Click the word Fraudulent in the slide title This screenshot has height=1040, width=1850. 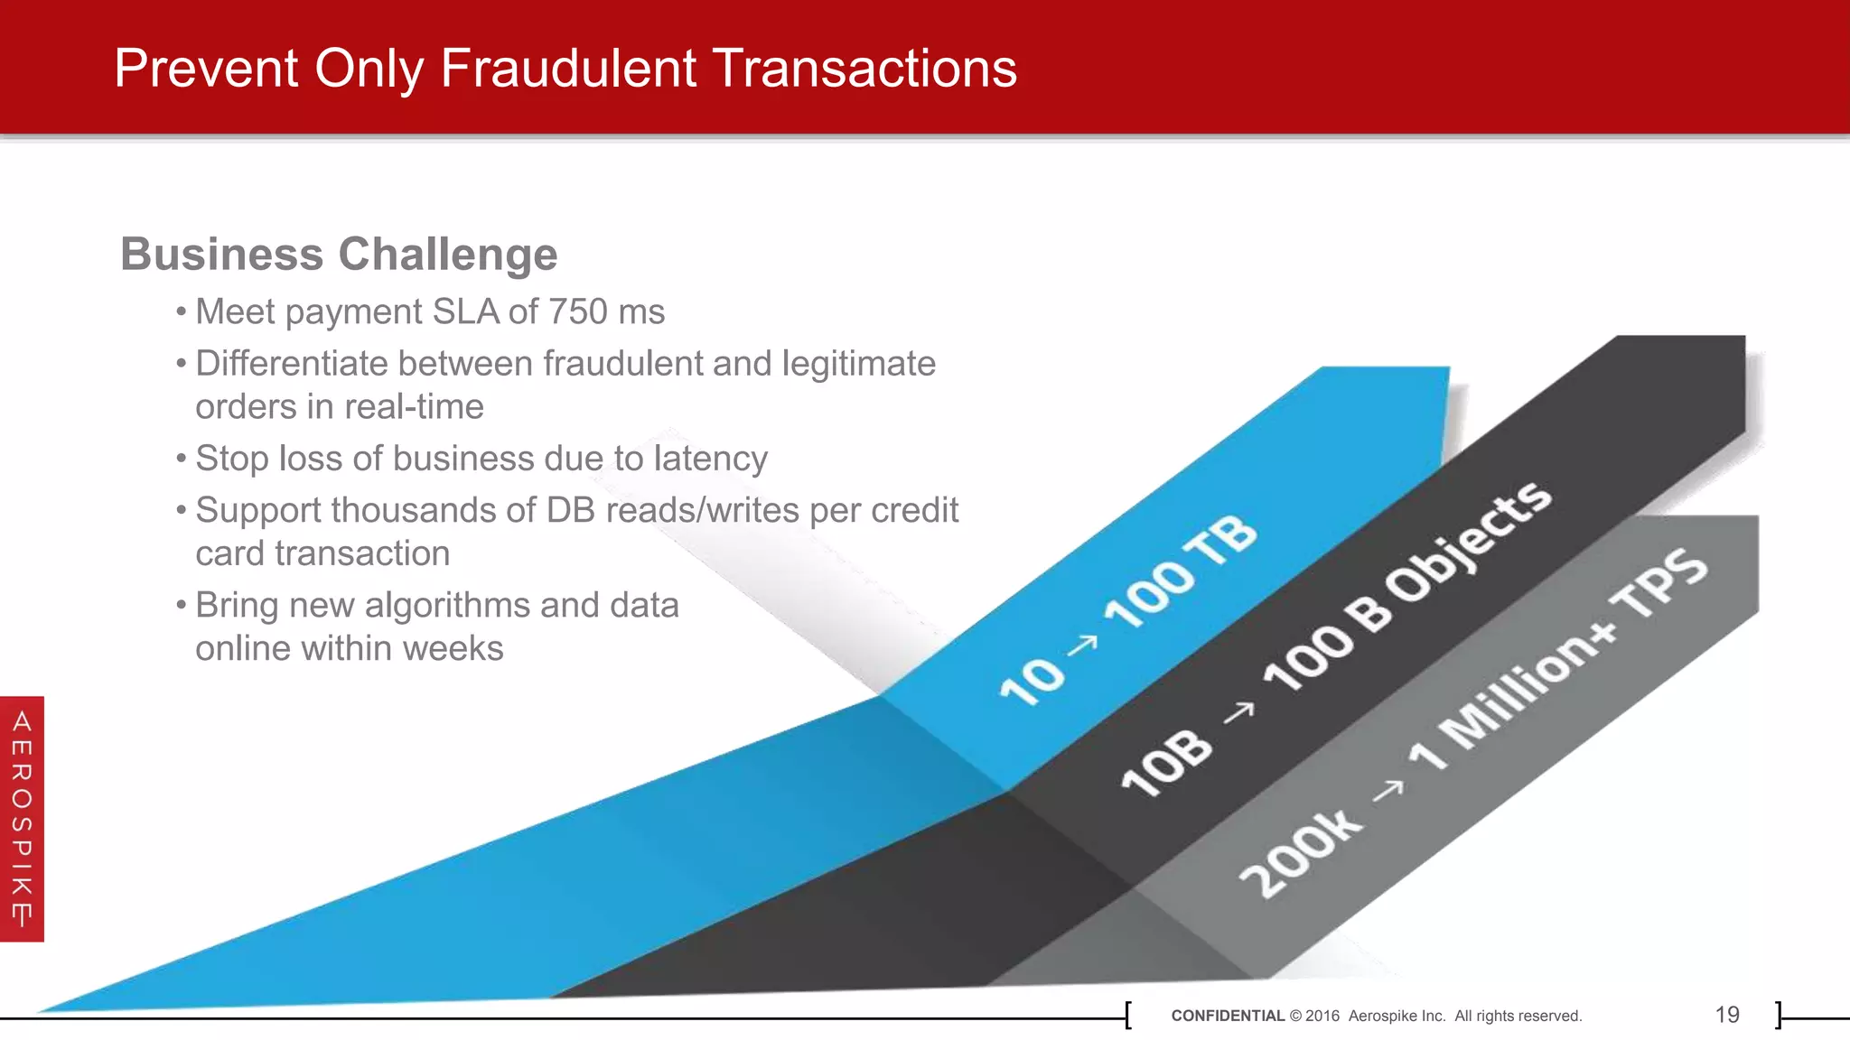click(568, 69)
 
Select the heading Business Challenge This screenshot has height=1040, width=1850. click(339, 254)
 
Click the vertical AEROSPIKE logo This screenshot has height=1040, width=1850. click(22, 819)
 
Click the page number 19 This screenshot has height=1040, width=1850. click(1726, 1015)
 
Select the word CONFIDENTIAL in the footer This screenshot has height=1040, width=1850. click(1227, 1016)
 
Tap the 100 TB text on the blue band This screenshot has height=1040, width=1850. click(1180, 572)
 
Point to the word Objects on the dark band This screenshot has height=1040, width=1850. click(1468, 542)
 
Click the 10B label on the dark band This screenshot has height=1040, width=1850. click(1166, 762)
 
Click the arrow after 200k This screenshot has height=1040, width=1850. click(1388, 791)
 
